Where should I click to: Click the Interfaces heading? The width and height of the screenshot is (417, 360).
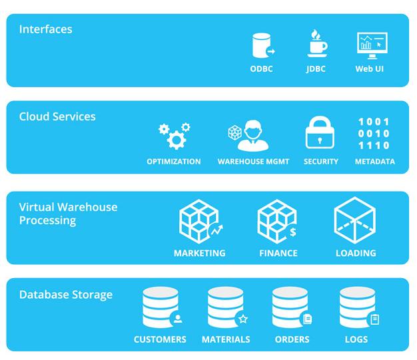point(45,29)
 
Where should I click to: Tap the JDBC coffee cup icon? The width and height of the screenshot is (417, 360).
point(316,45)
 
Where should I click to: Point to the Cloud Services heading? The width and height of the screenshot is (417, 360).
point(57,116)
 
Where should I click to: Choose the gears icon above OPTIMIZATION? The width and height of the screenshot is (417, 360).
point(175,135)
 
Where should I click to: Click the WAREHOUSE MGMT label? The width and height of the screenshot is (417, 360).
point(253,162)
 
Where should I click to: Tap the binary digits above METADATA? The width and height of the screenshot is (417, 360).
point(374,134)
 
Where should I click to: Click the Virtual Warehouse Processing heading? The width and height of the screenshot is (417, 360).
point(68,214)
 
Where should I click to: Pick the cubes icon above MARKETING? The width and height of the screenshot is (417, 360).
point(199,222)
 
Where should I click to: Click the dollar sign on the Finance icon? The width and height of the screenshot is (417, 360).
point(292,232)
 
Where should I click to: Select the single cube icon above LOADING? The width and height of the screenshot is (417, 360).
point(354,220)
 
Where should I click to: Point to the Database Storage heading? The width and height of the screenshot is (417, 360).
point(65,295)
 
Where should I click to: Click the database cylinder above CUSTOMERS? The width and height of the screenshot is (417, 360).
point(161,307)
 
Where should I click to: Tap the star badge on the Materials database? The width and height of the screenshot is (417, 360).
point(243,319)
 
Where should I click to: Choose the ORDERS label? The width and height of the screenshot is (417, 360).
point(292,339)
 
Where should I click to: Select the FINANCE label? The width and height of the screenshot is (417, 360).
point(278,254)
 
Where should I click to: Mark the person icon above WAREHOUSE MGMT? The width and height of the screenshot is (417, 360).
point(254,134)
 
